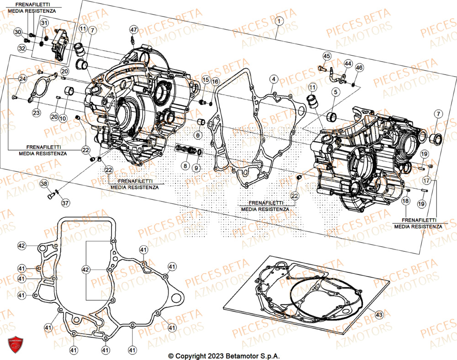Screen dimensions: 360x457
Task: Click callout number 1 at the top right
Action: coord(279,21)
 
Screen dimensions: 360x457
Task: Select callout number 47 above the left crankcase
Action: coord(133,30)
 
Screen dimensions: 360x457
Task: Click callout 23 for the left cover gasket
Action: coord(36,113)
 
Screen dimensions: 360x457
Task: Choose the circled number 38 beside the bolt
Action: coord(44,184)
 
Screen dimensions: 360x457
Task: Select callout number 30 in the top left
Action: coord(18,32)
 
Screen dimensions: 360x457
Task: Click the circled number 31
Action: coord(44,23)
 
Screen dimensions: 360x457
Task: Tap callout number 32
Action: coord(22,48)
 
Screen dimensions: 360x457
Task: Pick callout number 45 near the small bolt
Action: coord(326,56)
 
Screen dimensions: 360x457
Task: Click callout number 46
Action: coord(359,68)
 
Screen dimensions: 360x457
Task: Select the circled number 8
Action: coord(185,166)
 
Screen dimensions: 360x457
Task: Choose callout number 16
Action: coord(215,81)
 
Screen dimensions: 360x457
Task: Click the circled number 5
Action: coord(335,92)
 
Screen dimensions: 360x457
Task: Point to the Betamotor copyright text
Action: coord(223,356)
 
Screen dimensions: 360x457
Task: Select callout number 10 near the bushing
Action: coord(63,118)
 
